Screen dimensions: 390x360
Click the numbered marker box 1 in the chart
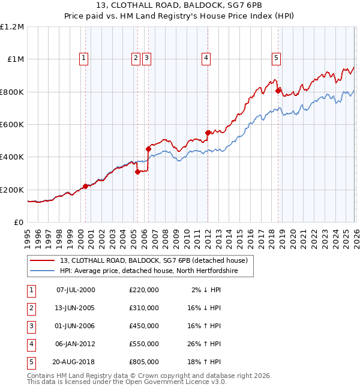pos(83,58)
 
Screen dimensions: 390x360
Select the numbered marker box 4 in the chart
pos(206,58)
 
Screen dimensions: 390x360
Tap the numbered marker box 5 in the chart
pos(276,58)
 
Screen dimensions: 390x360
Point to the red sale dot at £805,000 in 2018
pos(278,91)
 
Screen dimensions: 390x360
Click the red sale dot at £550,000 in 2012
pos(208,132)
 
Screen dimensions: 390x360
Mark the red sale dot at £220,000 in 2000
pos(85,186)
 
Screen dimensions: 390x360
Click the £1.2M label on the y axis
pos(12,26)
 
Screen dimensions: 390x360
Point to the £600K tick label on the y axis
pos(12,124)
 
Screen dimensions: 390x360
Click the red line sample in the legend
pos(43,260)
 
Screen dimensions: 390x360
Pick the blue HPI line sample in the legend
pos(43,271)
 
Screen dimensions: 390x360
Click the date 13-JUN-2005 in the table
pos(75,308)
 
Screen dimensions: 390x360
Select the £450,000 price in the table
pos(144,326)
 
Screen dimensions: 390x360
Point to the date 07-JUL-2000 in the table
pos(75,290)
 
